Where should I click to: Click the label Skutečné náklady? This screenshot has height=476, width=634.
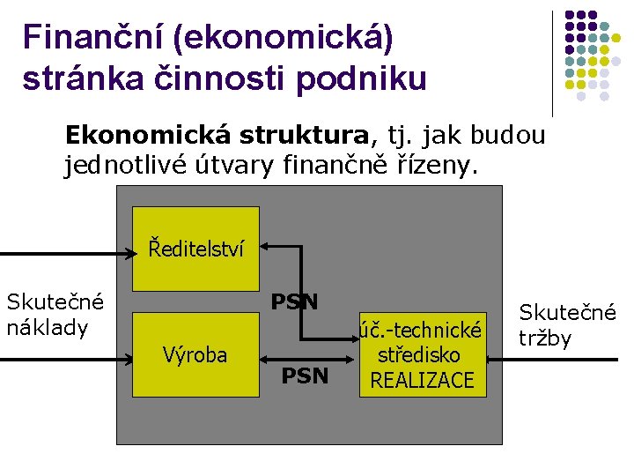[55, 314]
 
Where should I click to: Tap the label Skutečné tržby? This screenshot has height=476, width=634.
[567, 324]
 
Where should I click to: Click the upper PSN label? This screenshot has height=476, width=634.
[294, 302]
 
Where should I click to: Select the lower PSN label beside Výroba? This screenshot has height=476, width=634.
[305, 376]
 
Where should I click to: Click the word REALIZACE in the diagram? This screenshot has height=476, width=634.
[422, 380]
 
